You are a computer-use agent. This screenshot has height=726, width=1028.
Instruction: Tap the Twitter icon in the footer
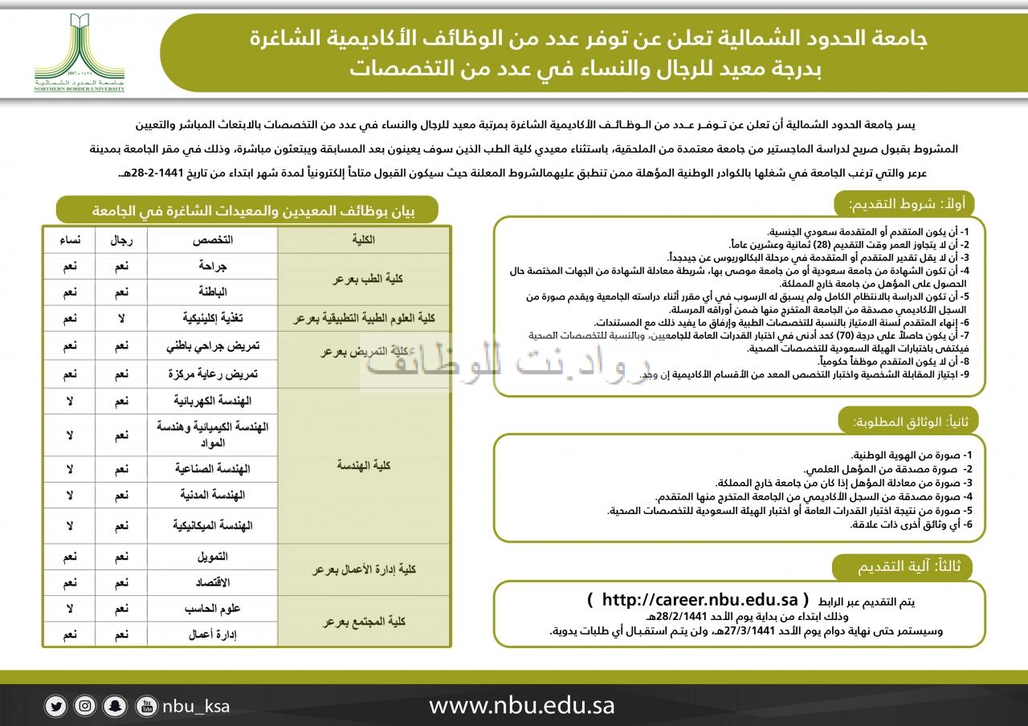(x=56, y=707)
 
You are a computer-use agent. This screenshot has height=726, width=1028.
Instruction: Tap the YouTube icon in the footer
(x=147, y=707)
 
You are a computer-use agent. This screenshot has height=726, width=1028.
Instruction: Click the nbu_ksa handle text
(x=196, y=707)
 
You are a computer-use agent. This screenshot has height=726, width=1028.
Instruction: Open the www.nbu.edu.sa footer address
(x=521, y=706)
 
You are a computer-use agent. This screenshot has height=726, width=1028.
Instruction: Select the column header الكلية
(x=364, y=240)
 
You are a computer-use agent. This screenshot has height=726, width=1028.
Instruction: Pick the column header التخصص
(x=212, y=240)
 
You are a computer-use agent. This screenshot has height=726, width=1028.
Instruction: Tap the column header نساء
(x=69, y=240)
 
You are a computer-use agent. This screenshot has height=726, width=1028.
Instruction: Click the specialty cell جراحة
(x=212, y=265)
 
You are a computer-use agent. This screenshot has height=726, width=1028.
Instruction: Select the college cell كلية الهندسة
(x=364, y=465)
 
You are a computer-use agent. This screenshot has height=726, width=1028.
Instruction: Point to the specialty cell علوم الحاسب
(x=212, y=608)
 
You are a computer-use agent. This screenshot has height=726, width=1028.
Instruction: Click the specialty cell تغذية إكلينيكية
(x=212, y=319)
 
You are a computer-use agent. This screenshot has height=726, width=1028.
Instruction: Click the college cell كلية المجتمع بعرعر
(x=364, y=621)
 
